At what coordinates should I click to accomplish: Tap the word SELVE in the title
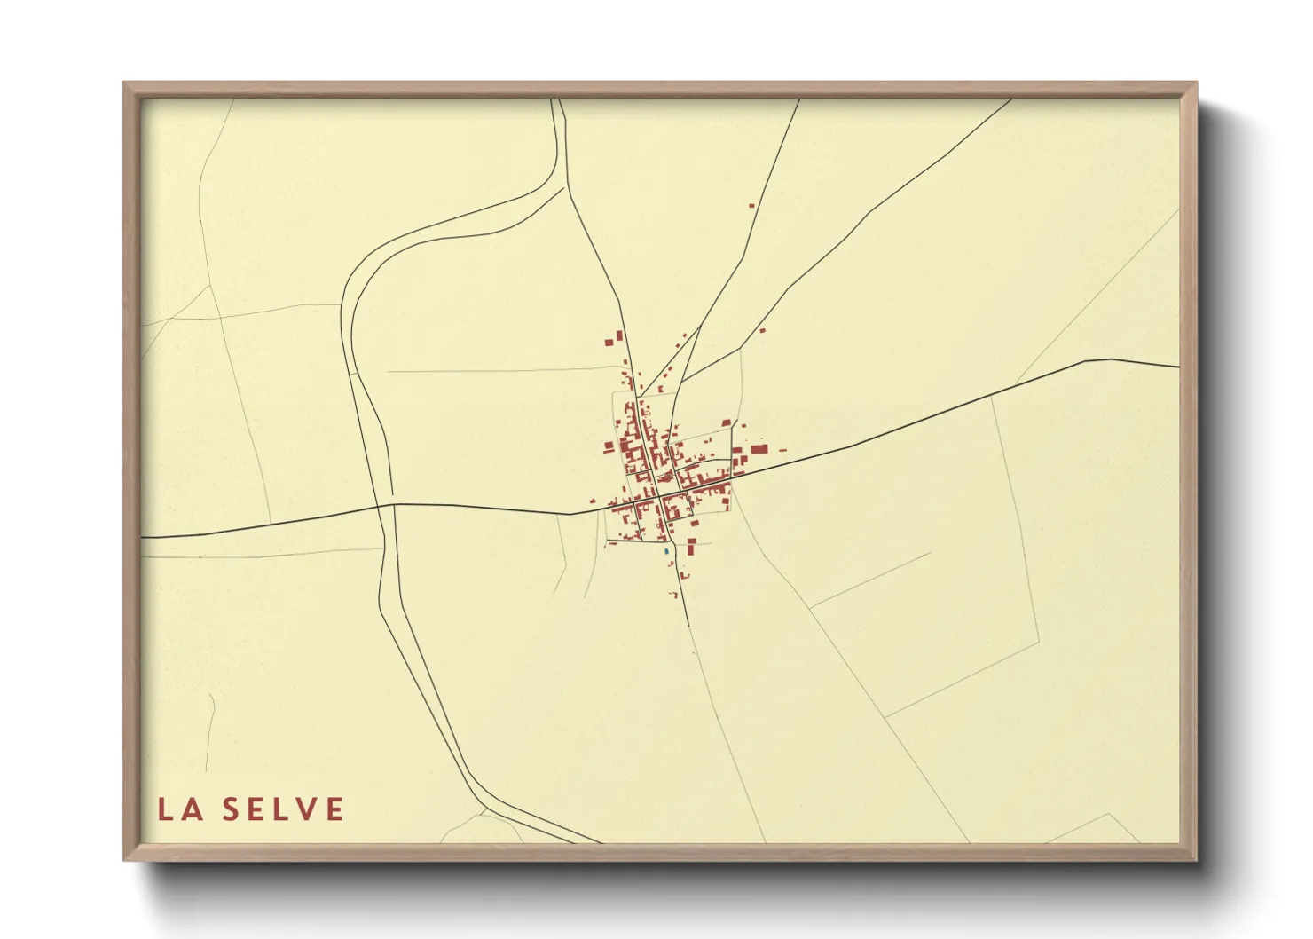click(x=283, y=809)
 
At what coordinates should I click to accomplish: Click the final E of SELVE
click(x=334, y=809)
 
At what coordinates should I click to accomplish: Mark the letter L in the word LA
click(x=166, y=809)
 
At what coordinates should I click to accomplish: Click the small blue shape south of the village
click(x=665, y=551)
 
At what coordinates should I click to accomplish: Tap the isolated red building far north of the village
click(x=751, y=206)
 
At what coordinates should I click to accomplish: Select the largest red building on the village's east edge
click(x=759, y=449)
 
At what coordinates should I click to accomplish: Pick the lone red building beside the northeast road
click(x=761, y=331)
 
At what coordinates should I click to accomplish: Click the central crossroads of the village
click(x=658, y=494)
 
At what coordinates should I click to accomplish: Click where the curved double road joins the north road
click(x=565, y=185)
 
